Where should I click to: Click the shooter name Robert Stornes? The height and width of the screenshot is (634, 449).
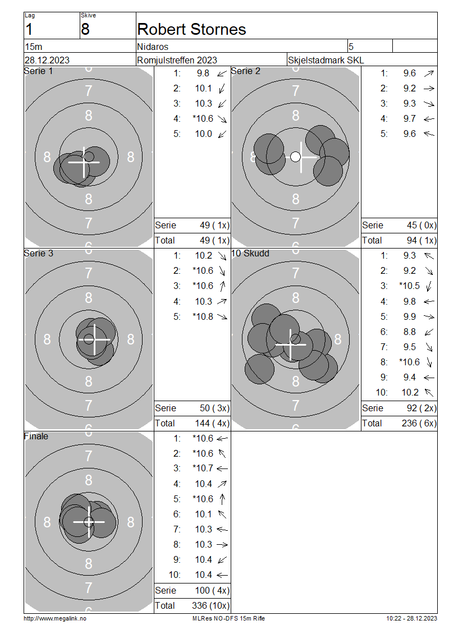[x=191, y=30]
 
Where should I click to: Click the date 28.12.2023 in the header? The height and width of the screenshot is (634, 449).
[x=47, y=60]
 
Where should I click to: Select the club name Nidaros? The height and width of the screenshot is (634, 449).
[x=153, y=47]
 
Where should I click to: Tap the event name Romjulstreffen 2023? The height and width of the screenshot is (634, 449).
[x=177, y=60]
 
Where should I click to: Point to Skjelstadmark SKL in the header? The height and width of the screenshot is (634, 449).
[x=326, y=60]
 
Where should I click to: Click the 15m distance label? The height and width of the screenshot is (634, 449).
[x=34, y=47]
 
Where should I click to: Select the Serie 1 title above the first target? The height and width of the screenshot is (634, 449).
[x=38, y=71]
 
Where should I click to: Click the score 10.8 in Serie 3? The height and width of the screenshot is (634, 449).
[x=203, y=316]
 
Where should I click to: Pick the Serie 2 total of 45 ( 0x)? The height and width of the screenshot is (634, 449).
[x=421, y=225]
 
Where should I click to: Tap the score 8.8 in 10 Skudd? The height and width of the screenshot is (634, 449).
[x=409, y=332]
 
